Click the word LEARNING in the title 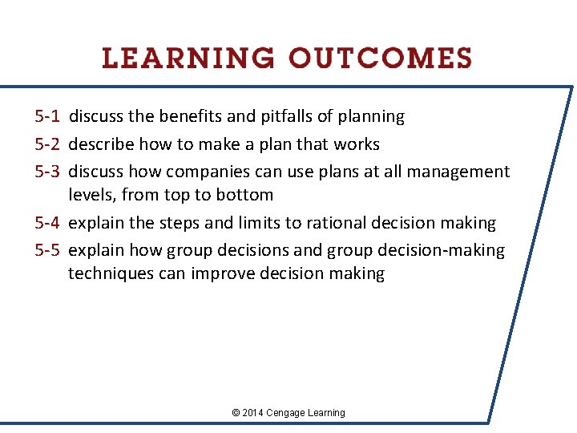(188, 59)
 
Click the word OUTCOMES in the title (381, 59)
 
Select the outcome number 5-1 (47, 117)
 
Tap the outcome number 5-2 (47, 144)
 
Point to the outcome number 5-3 (47, 172)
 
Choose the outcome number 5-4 (47, 223)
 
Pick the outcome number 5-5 (47, 250)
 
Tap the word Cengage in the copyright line (289, 413)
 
